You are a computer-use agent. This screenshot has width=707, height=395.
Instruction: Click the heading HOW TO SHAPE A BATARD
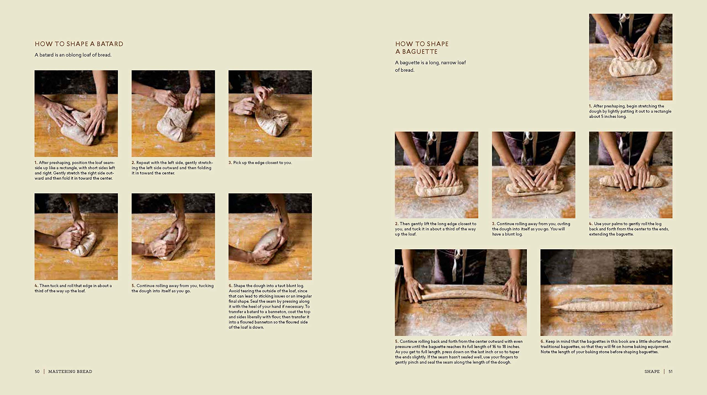tap(79, 44)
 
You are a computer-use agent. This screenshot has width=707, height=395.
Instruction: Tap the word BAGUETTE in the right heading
tap(420, 52)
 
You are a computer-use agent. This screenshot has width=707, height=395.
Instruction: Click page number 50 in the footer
tap(37, 372)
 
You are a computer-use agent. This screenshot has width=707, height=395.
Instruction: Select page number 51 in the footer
tap(670, 372)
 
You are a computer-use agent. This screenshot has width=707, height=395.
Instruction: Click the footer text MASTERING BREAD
tap(70, 372)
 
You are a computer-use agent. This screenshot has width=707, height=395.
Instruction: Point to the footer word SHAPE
tap(652, 372)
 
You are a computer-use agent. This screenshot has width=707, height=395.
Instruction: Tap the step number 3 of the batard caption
tap(230, 163)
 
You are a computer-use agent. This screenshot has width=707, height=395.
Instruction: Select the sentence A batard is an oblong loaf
tap(73, 55)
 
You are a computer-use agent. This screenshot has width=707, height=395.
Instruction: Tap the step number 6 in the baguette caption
tap(542, 341)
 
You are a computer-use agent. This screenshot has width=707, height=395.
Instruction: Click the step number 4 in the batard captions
tap(36, 286)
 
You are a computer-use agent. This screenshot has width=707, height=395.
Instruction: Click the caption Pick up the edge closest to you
tap(262, 163)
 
